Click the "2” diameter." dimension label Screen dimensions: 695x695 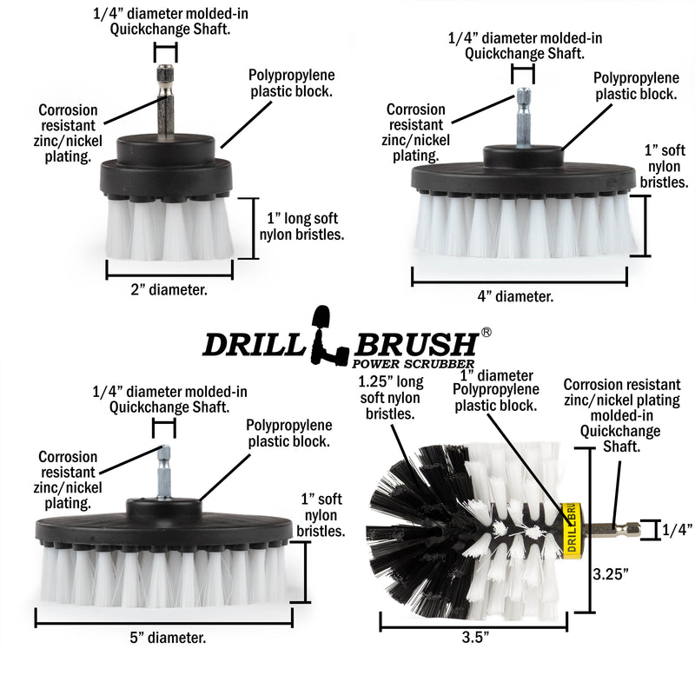pos(169,290)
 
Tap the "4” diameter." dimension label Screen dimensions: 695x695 pos(517,296)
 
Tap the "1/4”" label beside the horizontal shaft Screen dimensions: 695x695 pos(677,529)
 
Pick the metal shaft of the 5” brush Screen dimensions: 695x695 pos(163,473)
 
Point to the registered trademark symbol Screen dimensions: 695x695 pos(487,333)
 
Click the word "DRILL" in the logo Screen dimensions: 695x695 pos(252,344)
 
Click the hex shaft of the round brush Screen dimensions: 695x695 pos(608,527)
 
